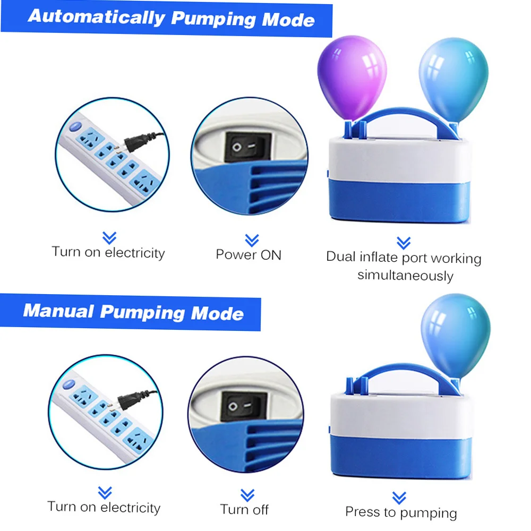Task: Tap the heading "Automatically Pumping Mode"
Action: (x=171, y=18)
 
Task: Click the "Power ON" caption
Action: (x=248, y=254)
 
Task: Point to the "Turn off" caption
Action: (x=244, y=509)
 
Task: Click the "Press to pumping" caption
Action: (x=401, y=512)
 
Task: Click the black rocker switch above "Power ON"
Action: (x=248, y=146)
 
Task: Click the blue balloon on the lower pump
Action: (x=455, y=332)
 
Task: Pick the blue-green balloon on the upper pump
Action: (x=453, y=77)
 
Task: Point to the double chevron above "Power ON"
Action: (x=251, y=239)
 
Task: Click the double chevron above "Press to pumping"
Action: (x=399, y=498)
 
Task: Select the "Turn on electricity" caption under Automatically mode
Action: (x=108, y=252)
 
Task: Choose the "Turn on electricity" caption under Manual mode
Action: (x=104, y=507)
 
